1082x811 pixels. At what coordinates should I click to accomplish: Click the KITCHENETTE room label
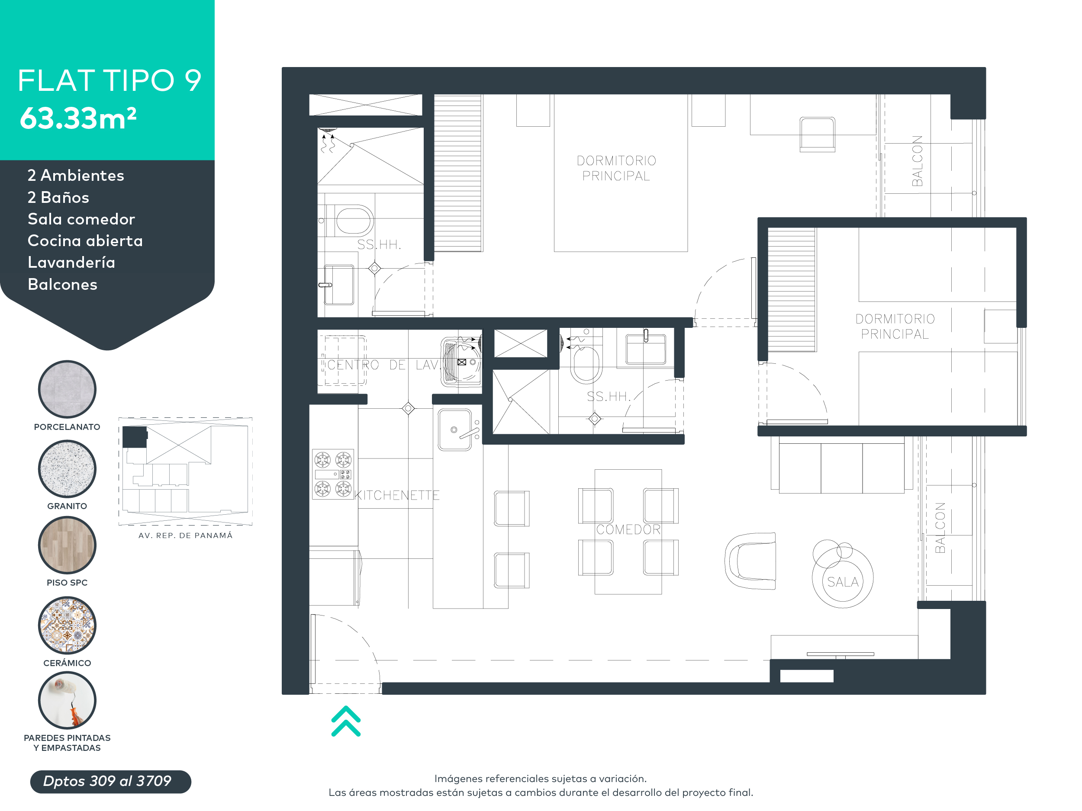397,495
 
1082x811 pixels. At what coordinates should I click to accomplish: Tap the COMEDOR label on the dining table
628,529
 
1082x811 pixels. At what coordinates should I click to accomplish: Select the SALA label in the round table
842,582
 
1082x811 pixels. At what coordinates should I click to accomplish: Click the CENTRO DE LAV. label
383,365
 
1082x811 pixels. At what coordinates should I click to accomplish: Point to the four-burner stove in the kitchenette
333,474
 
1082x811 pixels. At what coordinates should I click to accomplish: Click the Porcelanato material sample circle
67,389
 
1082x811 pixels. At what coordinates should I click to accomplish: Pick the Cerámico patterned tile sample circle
67,625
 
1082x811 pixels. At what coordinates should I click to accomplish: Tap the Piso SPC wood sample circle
67,545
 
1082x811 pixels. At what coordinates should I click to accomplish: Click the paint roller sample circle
67,700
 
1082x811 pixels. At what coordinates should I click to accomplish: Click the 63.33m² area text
78,119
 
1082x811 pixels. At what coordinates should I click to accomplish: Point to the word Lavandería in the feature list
71,263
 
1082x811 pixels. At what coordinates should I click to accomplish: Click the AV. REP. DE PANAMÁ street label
185,535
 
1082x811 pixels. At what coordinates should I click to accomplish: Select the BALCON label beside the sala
940,528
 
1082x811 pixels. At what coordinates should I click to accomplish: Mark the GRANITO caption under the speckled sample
67,506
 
